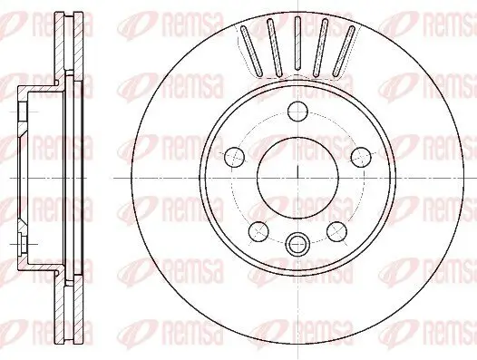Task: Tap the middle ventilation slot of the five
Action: pyautogui.click(x=297, y=46)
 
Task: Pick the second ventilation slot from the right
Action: pyautogui.click(x=321, y=47)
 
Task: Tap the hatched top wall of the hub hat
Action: pyautogui.click(x=36, y=87)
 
